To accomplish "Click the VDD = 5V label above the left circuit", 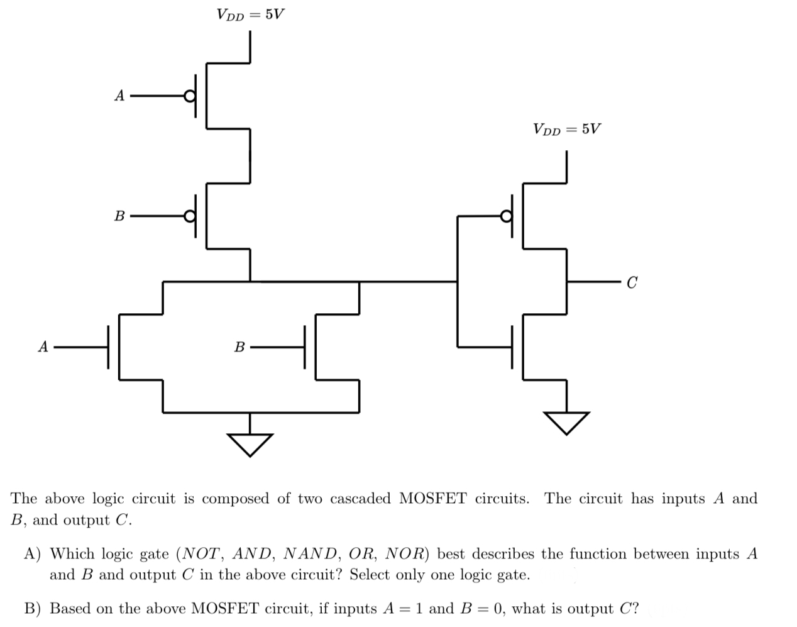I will tap(250, 14).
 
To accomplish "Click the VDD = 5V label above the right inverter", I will tap(566, 130).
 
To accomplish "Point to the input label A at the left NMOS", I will tap(43, 347).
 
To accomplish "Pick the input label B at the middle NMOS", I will tap(239, 347).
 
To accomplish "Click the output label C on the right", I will tap(632, 284).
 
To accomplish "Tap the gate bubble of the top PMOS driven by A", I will tap(189, 96).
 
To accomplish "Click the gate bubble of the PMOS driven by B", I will tap(189, 216).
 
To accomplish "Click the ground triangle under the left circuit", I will tap(250, 443).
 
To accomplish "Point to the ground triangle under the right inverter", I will tap(567, 422).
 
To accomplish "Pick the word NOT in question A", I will tap(201, 554).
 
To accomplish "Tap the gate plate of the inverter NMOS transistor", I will tap(512, 347).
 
